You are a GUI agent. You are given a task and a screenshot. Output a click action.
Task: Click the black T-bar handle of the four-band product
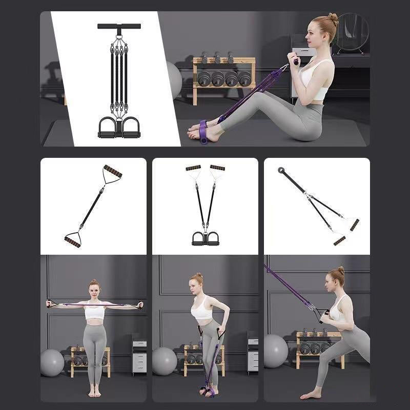tap(119, 26)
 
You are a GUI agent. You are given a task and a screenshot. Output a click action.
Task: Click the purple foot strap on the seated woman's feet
tap(203, 132)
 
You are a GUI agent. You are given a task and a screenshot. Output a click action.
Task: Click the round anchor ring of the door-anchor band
tap(281, 171)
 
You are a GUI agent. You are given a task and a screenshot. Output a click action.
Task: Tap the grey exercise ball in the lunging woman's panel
tap(276, 351)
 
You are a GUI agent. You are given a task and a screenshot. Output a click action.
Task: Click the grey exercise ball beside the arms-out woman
tap(52, 362)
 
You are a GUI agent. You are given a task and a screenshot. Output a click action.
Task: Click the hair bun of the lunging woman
tap(341, 270)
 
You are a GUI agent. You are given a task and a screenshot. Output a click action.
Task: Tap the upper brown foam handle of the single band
tap(113, 172)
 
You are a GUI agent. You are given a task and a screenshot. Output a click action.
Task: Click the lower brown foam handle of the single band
tap(72, 240)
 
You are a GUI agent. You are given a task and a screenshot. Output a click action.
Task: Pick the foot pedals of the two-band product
tap(205, 238)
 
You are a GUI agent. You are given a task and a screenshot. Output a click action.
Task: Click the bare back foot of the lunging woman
tap(307, 395)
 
